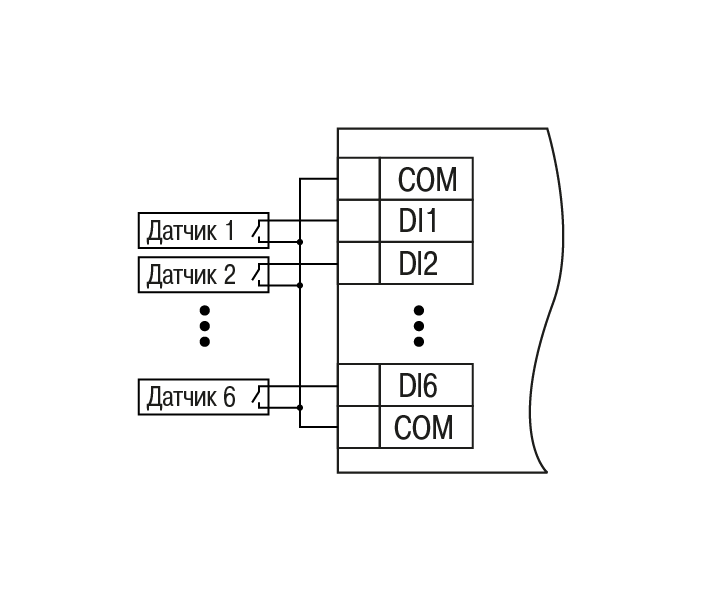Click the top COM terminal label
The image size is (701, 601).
(x=426, y=180)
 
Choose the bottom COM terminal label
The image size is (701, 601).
(x=424, y=427)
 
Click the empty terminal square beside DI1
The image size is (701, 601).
(x=358, y=221)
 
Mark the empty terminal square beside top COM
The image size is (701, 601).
(x=358, y=180)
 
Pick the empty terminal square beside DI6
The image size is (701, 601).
(x=358, y=385)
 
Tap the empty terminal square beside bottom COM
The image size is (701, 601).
(x=358, y=427)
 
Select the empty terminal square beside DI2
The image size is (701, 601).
(x=358, y=263)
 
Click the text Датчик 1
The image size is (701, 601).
(x=190, y=231)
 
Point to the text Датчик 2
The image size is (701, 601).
(x=190, y=274)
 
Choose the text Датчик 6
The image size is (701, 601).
(x=190, y=397)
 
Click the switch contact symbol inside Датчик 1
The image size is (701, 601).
(x=260, y=231)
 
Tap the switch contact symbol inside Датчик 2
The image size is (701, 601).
(x=260, y=274)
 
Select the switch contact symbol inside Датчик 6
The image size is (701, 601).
(x=260, y=397)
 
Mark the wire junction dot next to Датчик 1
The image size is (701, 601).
(x=300, y=241)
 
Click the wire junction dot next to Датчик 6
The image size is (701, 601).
(x=300, y=407)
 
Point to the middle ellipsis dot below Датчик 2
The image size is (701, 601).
(x=204, y=325)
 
